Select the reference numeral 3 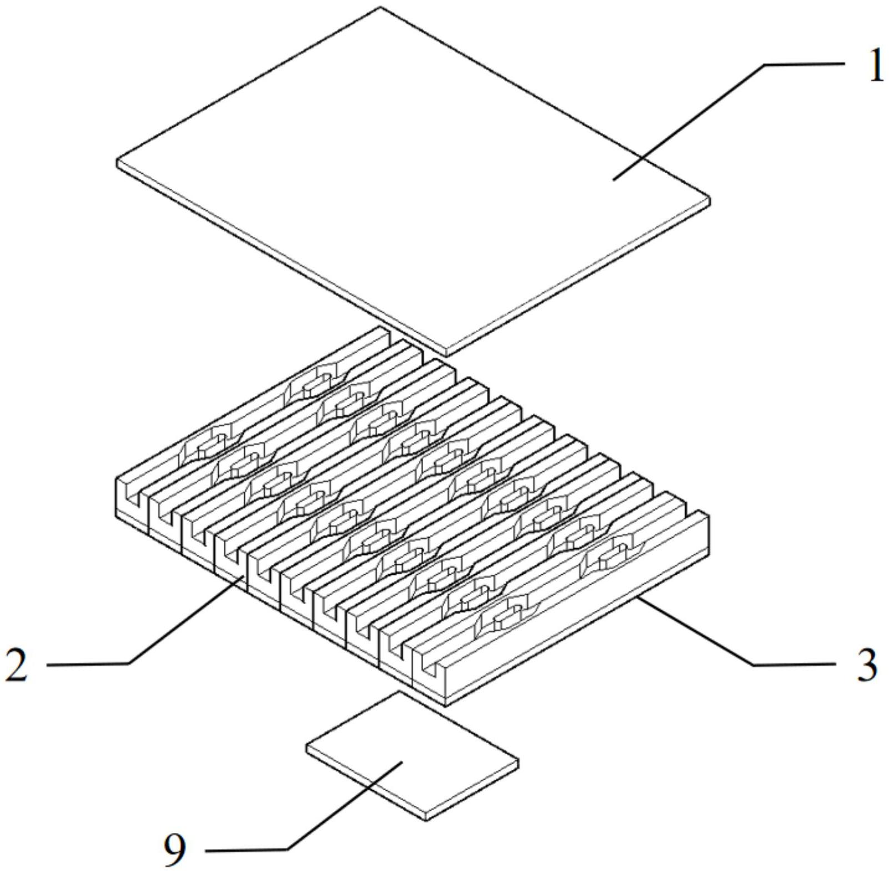pos(867,665)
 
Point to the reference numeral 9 pos(174,850)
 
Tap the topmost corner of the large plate pos(380,8)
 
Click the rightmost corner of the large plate pos(710,200)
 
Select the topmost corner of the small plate pos(398,692)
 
